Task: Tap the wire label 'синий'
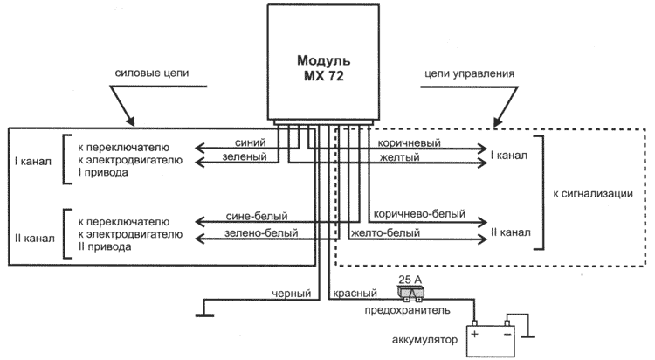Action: pyautogui.click(x=251, y=141)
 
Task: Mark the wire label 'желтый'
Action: pyautogui.click(x=398, y=158)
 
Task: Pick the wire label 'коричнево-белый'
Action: pyautogui.click(x=418, y=213)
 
